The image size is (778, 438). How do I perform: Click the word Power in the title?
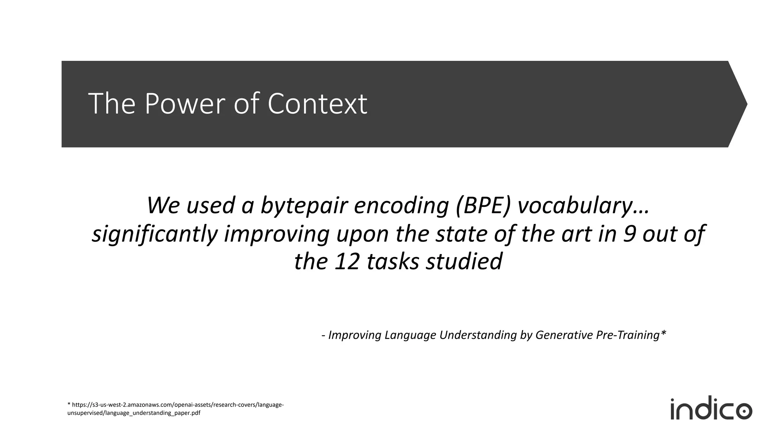[186, 103]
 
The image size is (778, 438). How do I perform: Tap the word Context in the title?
[317, 103]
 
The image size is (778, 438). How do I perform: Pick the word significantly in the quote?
[155, 234]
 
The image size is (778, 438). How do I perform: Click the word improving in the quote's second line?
[277, 234]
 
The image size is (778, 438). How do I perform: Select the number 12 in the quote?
[346, 262]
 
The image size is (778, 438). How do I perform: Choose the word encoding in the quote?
[400, 205]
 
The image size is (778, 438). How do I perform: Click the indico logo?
[711, 409]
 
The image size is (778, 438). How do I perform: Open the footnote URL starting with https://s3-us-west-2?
[175, 405]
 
